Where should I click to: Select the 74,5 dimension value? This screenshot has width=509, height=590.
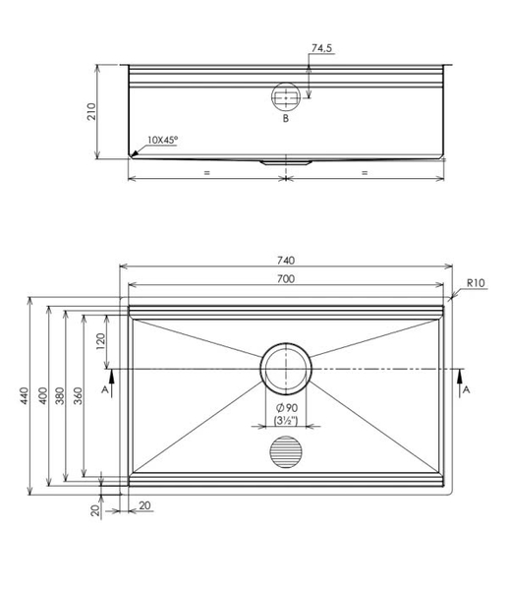[x=321, y=47]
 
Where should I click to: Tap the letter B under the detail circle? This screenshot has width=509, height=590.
[x=285, y=119]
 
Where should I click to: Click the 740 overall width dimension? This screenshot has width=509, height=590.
[x=285, y=261]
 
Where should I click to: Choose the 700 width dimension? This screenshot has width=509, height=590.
[x=285, y=280]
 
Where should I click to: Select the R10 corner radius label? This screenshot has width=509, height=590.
[x=476, y=283]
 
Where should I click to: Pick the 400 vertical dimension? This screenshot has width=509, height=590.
[x=42, y=394]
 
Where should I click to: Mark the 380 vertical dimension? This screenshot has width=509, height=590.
[x=59, y=394]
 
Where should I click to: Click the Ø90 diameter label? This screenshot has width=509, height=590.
[x=286, y=408]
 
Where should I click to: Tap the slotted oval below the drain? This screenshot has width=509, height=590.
[x=286, y=453]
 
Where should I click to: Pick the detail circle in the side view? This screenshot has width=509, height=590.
[x=285, y=96]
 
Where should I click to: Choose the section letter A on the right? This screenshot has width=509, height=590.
[x=467, y=389]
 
